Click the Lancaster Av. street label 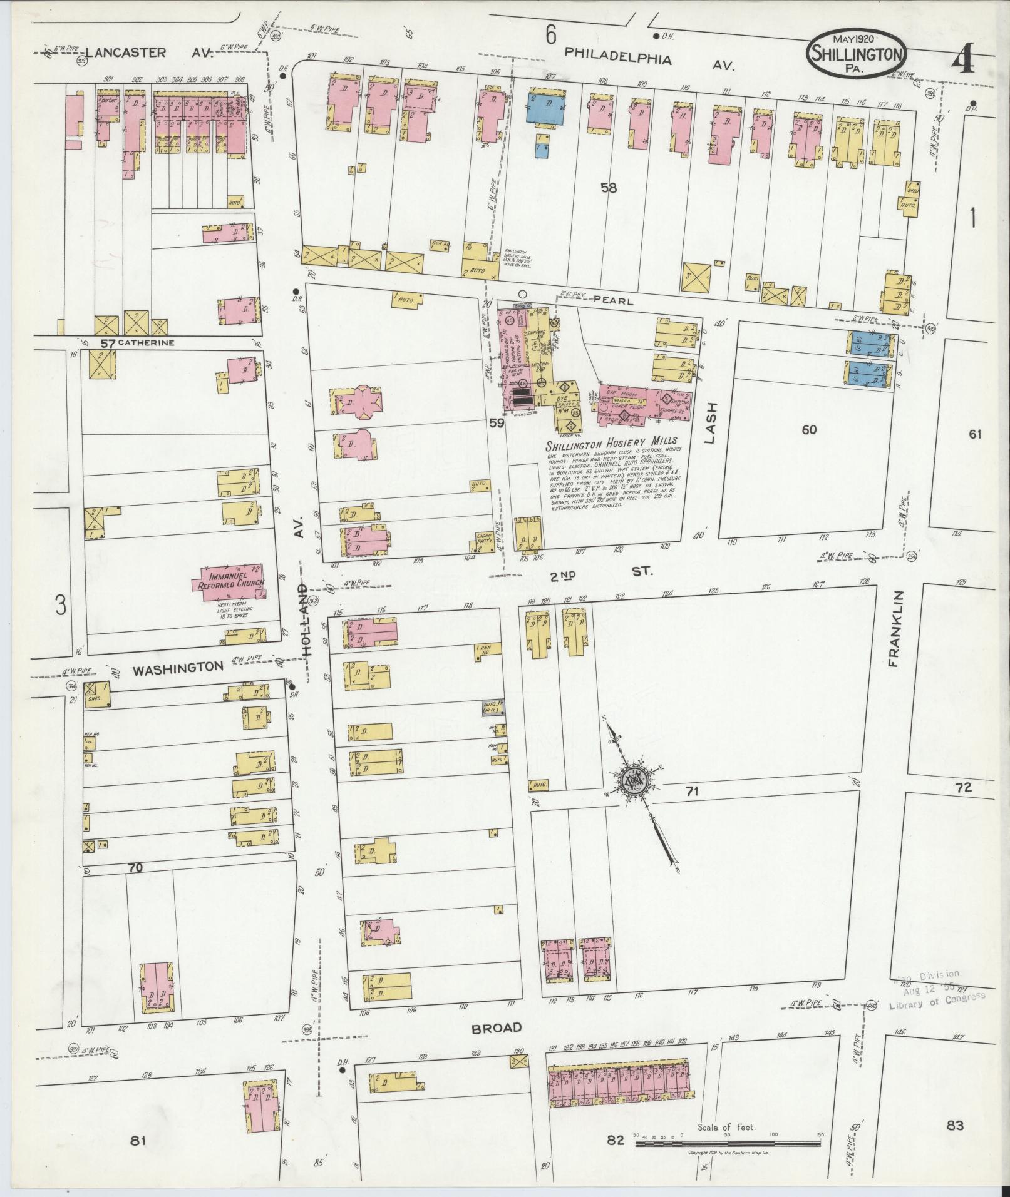click(x=149, y=53)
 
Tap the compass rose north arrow click(x=639, y=780)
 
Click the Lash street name click(x=710, y=423)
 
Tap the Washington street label click(x=178, y=668)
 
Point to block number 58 click(x=607, y=187)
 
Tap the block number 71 click(x=691, y=792)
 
